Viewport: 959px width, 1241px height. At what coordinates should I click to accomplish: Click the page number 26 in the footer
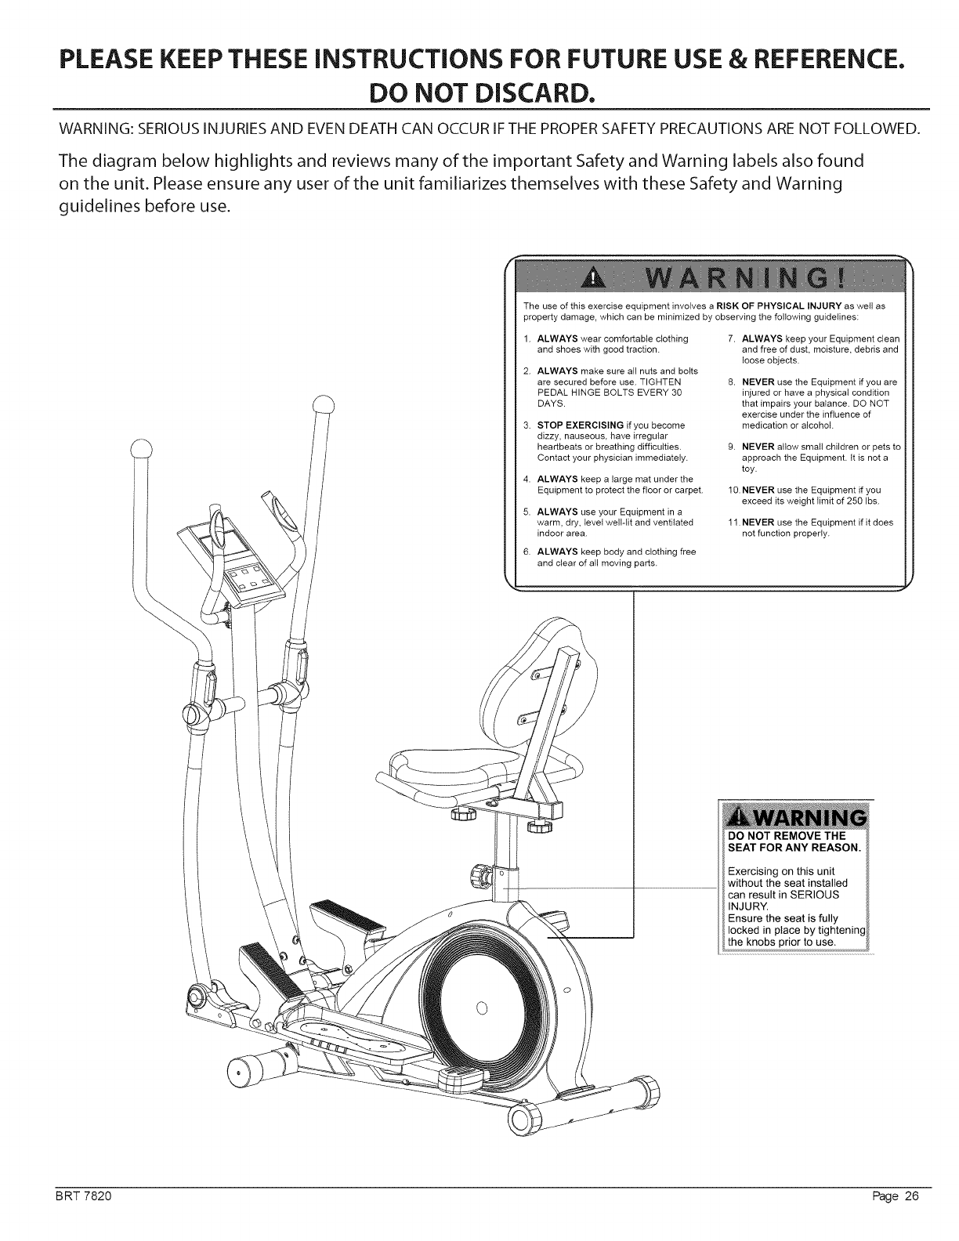coord(909,1217)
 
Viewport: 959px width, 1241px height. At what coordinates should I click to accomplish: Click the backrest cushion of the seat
coord(521,674)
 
